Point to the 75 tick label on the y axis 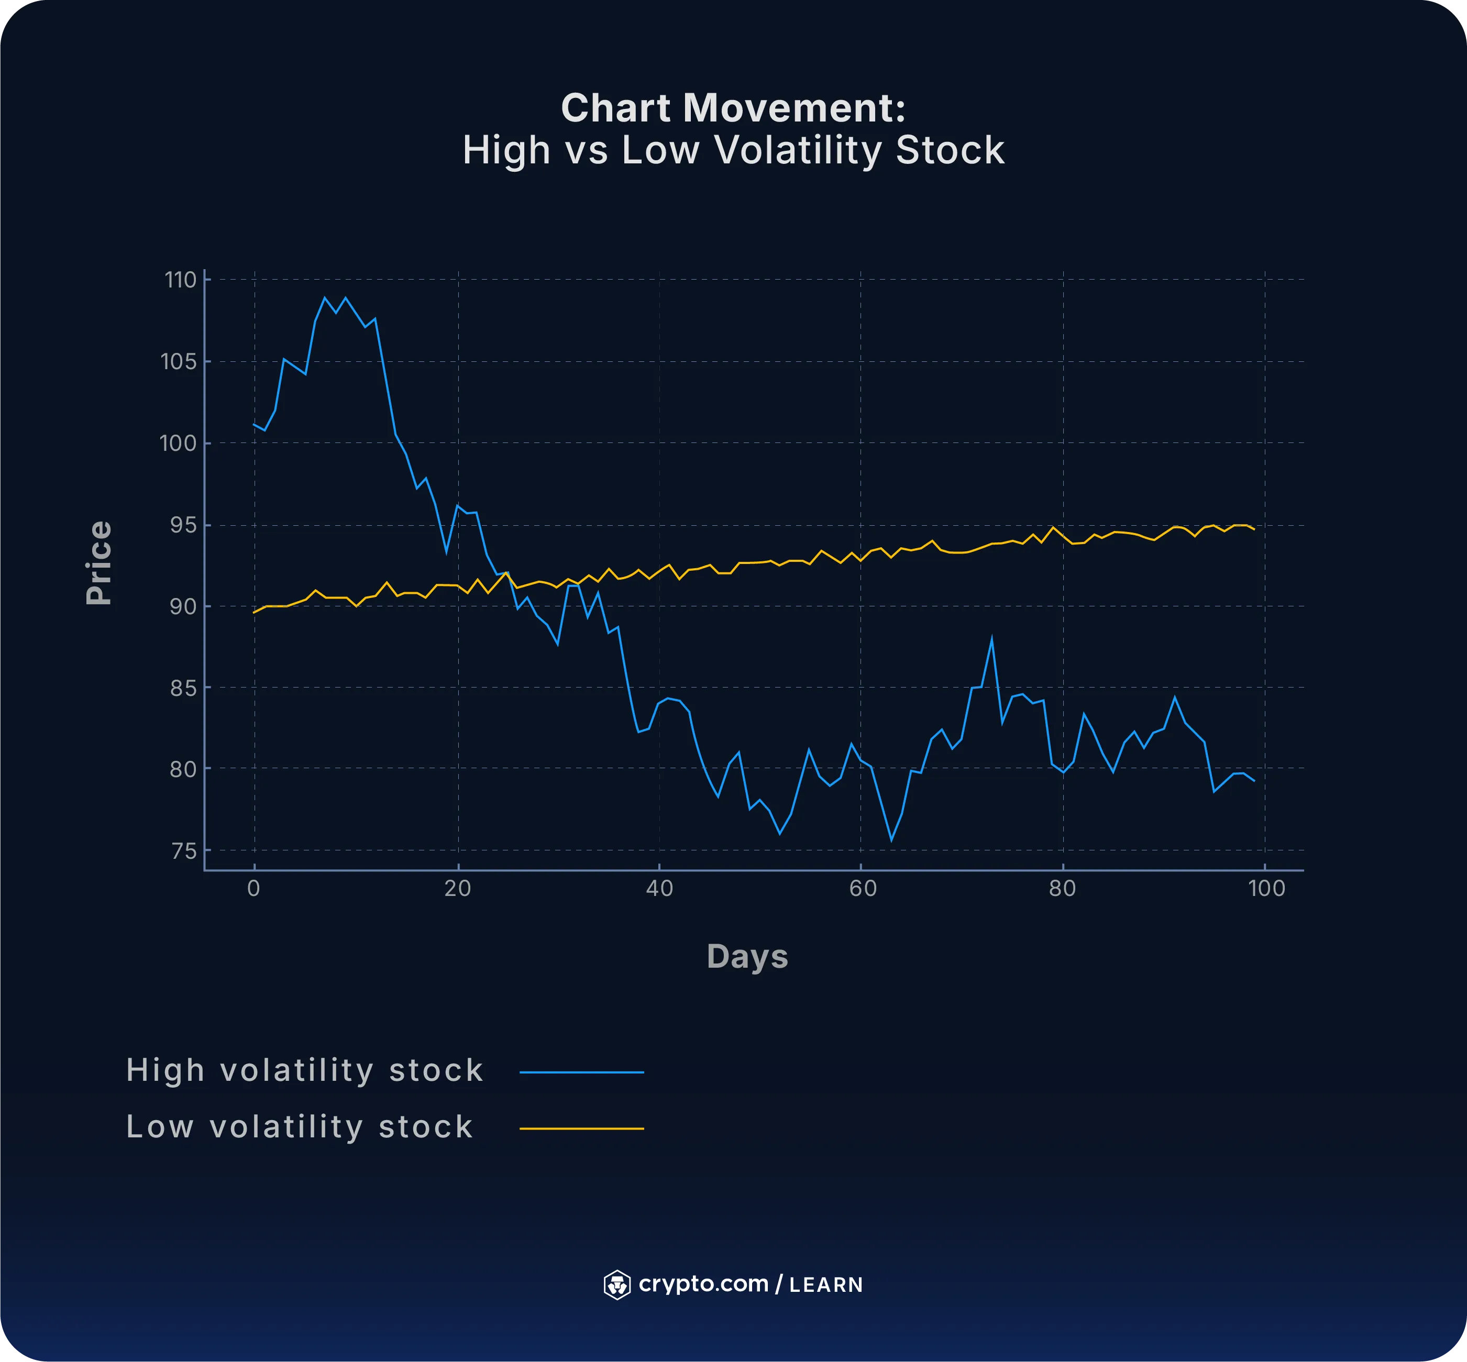point(183,851)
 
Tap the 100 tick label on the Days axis point(1266,889)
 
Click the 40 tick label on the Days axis point(659,889)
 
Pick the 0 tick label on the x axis point(253,889)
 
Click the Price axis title point(99,563)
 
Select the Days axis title point(747,957)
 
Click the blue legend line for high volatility point(582,1072)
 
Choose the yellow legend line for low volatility point(582,1128)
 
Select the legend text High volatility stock point(304,1070)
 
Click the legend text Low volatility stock point(299,1127)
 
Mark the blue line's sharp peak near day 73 point(991,638)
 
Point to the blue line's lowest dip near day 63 point(891,840)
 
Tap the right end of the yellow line point(1253,529)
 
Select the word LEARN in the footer point(825,1286)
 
